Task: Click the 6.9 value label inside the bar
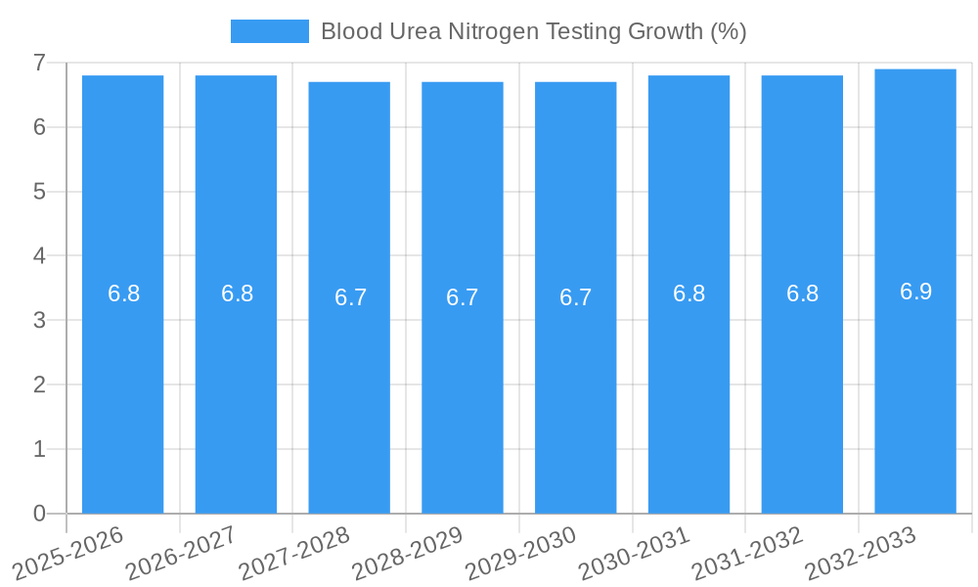[915, 292]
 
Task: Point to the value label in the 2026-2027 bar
[237, 293]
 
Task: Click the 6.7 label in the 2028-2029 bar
[462, 297]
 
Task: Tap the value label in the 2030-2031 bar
[689, 293]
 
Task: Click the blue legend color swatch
[269, 31]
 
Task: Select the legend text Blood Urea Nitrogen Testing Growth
[533, 31]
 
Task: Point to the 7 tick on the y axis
[39, 63]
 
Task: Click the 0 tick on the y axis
[39, 514]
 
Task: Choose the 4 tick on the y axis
[39, 256]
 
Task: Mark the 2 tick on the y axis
[39, 384]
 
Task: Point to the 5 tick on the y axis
[39, 192]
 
